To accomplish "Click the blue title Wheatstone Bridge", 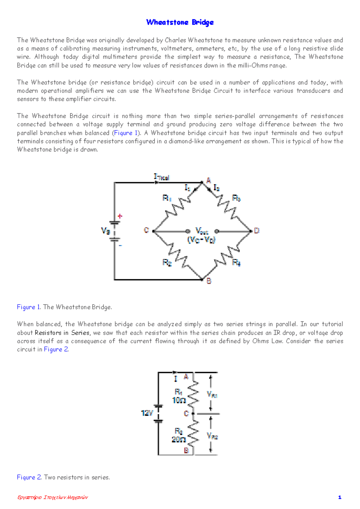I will click(x=180, y=22).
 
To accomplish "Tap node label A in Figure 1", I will click(x=208, y=180).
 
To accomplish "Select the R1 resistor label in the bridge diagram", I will click(x=167, y=198).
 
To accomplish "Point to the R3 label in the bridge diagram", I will click(x=236, y=198).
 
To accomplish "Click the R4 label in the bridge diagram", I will click(x=236, y=263).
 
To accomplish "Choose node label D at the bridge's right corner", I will click(x=256, y=231).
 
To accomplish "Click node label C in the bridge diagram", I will click(x=146, y=230).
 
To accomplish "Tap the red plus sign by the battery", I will click(x=120, y=216).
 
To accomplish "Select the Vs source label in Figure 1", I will click(x=106, y=231).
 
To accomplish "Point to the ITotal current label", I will click(x=161, y=177).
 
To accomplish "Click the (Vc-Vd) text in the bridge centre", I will click(x=202, y=240).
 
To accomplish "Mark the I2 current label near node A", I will click(x=216, y=188).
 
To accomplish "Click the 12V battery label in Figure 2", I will click(x=147, y=413).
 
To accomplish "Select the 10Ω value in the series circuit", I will click(x=179, y=400).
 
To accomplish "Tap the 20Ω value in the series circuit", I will click(x=178, y=439).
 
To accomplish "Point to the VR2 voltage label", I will click(x=212, y=436).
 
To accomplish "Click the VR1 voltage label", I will click(x=212, y=394).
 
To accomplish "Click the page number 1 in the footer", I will click(x=340, y=497).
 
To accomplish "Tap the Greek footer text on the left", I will click(x=52, y=497).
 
